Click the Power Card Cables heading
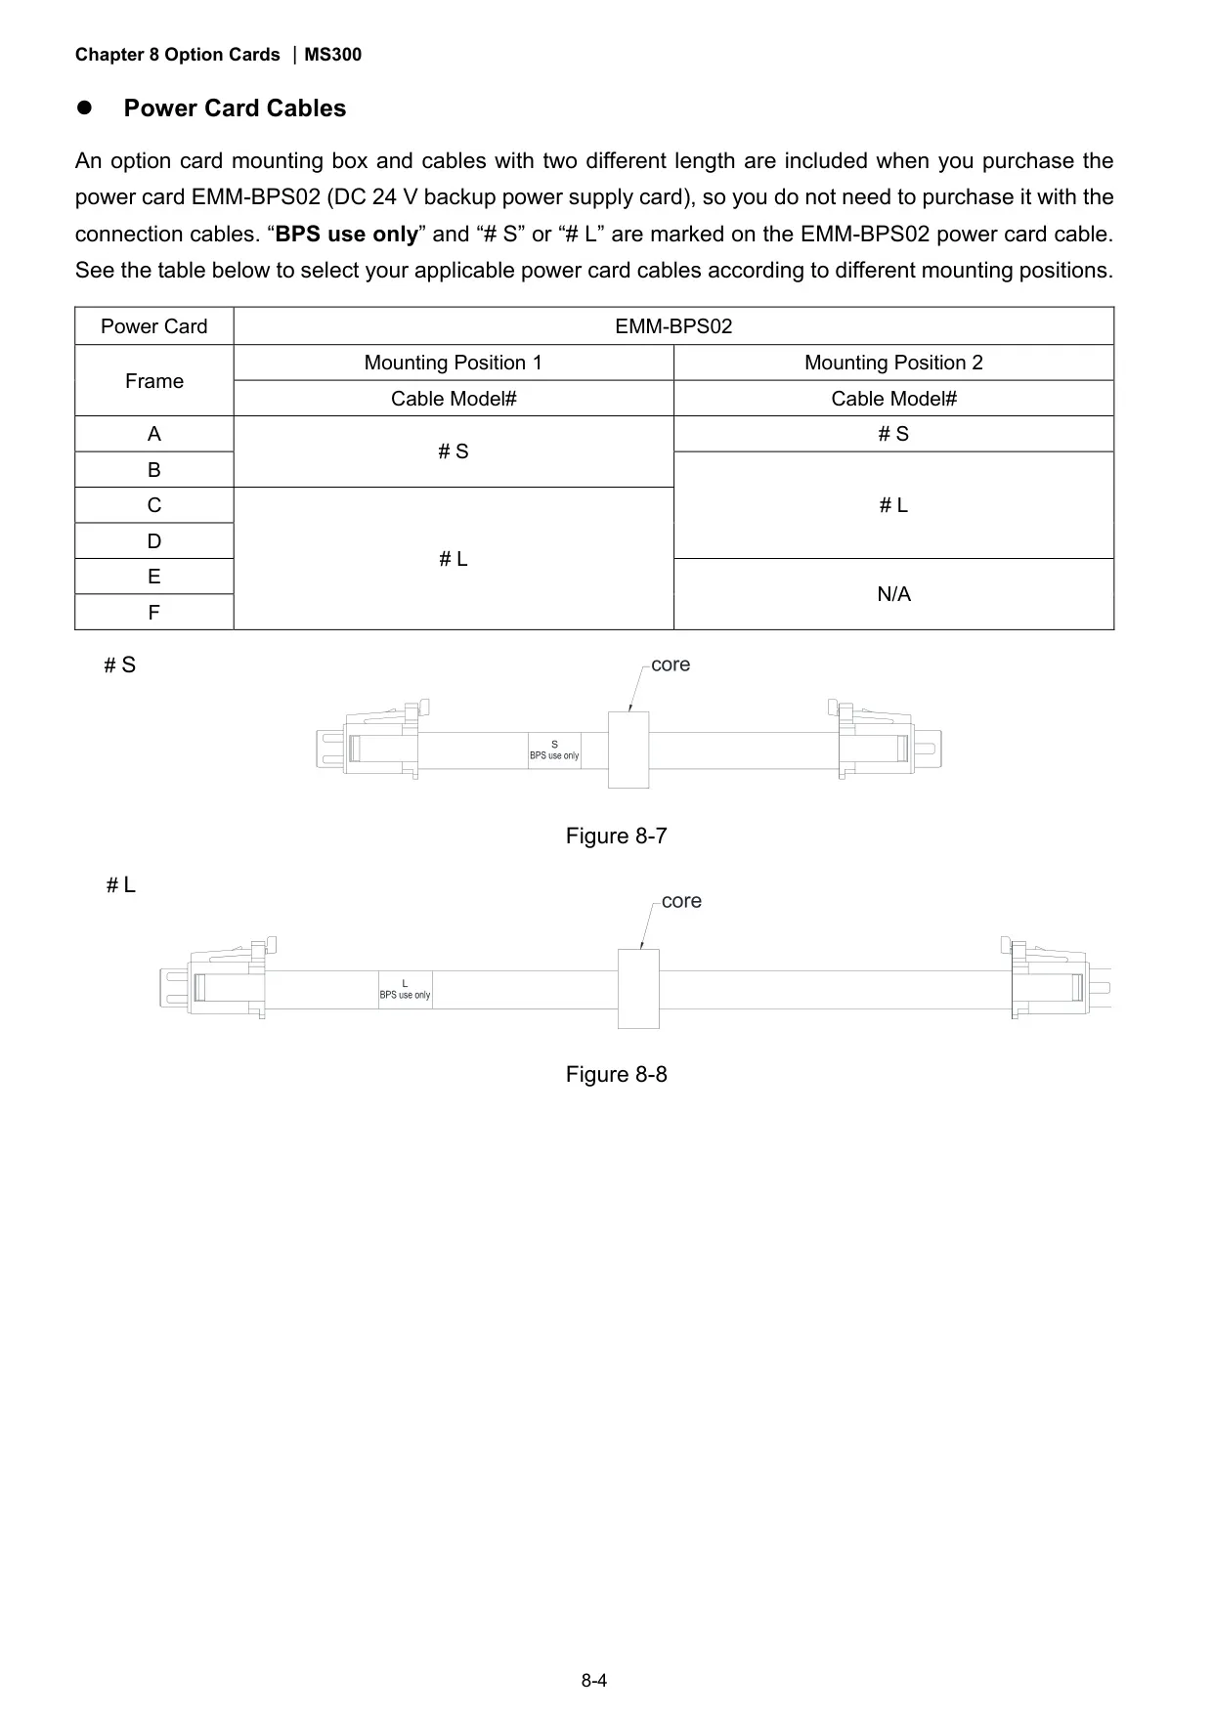pos(235,108)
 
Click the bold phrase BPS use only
pos(347,235)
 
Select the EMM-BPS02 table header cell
pos(673,326)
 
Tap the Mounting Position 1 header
pos(454,363)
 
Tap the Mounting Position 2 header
pos(893,363)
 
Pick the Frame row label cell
pos(154,381)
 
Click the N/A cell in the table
pos(893,594)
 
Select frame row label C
pos(154,505)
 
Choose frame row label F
pos(154,613)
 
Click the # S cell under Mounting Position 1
pos(454,451)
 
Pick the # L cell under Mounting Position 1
pos(454,559)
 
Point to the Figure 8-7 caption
pos(617,836)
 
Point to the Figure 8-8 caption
pos(617,1075)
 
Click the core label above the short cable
pos(671,665)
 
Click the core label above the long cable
pos(681,901)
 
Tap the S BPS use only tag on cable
pos(554,750)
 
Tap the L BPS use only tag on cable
pos(405,989)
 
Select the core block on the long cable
pos(638,989)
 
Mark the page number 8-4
pos(594,1681)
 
